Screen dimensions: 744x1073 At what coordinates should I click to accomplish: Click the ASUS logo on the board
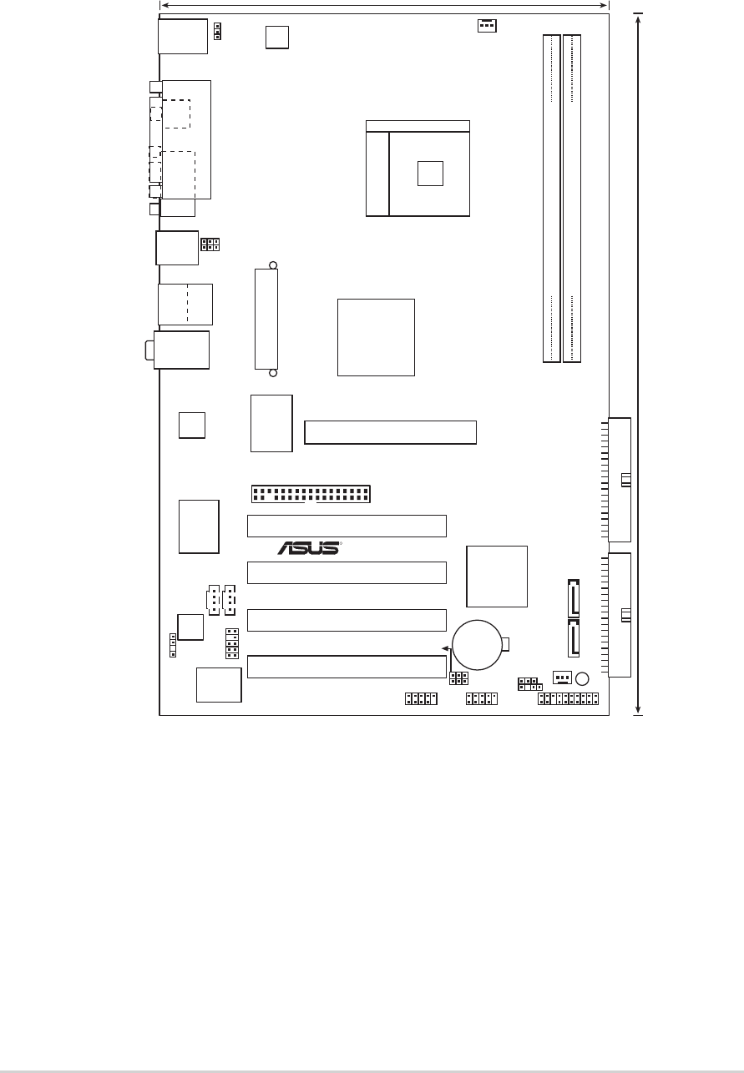(x=309, y=548)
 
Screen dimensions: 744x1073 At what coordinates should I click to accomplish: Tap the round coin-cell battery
(x=477, y=645)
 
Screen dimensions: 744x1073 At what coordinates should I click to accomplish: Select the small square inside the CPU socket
(x=430, y=174)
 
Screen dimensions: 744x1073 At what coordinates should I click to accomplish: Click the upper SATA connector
(x=574, y=598)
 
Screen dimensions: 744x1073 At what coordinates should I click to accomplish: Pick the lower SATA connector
(x=574, y=638)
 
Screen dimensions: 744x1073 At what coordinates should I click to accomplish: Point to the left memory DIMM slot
(x=552, y=199)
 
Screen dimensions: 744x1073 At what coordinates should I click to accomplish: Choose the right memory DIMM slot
(x=572, y=199)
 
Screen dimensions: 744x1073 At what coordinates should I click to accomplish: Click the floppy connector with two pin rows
(x=311, y=494)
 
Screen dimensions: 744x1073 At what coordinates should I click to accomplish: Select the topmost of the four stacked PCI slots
(x=347, y=526)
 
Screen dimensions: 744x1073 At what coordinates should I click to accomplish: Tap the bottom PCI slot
(x=347, y=667)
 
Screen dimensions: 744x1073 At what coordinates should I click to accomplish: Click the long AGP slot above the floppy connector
(x=390, y=432)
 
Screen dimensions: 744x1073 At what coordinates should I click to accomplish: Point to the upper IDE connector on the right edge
(x=620, y=480)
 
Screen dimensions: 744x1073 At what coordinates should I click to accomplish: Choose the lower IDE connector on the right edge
(x=620, y=615)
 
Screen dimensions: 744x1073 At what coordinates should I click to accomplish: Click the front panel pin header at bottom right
(x=568, y=699)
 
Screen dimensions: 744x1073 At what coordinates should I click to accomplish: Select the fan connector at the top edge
(x=487, y=25)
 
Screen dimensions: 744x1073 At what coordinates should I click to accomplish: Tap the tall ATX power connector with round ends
(x=266, y=319)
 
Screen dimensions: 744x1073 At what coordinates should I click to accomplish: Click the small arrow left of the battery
(x=446, y=648)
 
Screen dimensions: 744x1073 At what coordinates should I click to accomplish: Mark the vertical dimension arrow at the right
(x=638, y=364)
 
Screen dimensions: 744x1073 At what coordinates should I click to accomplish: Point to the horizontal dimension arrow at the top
(x=384, y=6)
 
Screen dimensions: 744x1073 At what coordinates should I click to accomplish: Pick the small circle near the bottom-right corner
(x=582, y=679)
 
